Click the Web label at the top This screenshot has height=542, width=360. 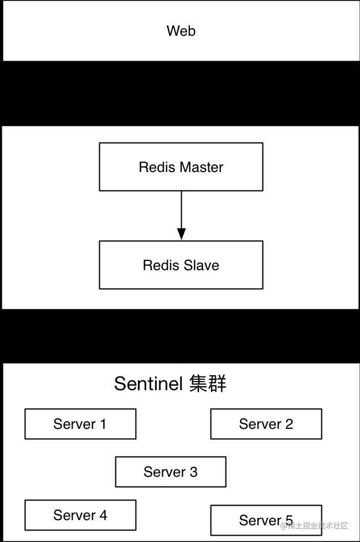pos(181,31)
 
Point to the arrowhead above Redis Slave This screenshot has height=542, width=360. pos(181,234)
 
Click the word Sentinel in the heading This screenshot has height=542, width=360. pos(149,384)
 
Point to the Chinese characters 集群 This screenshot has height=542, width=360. pos(208,384)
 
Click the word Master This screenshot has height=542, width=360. pos(202,167)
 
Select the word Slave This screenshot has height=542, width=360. pos(201,265)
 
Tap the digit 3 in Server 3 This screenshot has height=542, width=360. pos(193,472)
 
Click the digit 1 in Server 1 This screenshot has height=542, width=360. pos(103,424)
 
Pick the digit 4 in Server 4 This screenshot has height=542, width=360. pos(103,515)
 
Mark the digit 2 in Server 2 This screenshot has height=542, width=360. pos(289,424)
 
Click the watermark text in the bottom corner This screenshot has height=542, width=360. pos(314,526)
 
